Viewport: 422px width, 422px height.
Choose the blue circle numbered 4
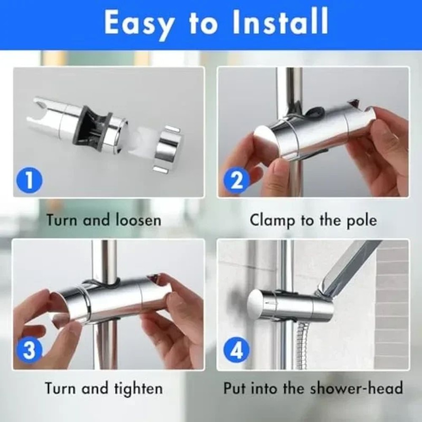tap(237, 351)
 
